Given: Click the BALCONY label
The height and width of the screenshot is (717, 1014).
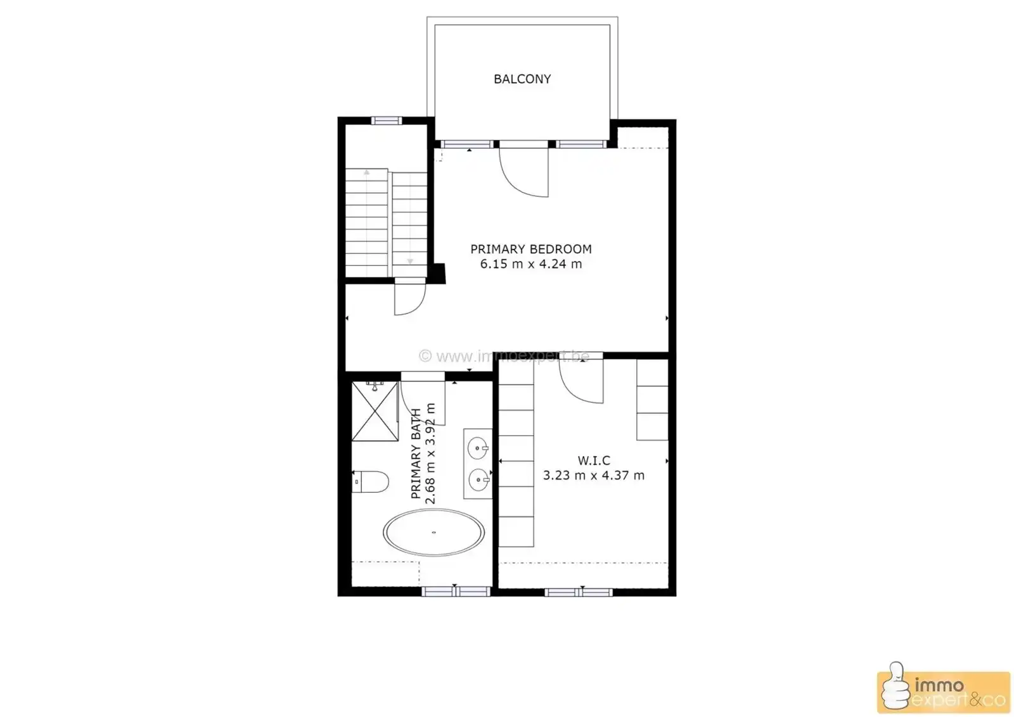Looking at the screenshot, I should pos(522,79).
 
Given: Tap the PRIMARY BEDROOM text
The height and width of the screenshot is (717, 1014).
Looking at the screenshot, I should pos(530,249).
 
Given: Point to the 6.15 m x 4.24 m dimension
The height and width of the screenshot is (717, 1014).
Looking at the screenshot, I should pos(530,264).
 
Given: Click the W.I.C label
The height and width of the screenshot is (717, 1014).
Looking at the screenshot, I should pos(594,460).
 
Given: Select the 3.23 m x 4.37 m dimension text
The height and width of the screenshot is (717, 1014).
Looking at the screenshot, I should pos(594,475).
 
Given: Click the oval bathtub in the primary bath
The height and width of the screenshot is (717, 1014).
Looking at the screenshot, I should pos(434,532).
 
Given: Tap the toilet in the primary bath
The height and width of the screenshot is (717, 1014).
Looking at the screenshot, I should pos(370,482).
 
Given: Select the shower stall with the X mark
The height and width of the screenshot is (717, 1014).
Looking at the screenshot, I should pos(375,411).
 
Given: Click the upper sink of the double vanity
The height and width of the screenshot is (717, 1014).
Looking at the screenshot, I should pos(477,448).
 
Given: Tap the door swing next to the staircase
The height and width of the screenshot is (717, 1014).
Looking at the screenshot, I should pos(409,300).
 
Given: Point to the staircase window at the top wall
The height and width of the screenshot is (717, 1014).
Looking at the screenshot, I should pos(386,120).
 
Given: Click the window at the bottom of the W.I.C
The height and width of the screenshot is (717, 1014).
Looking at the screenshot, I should pos(579,593).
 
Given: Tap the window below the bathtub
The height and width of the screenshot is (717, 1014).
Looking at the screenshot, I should pos(456,592).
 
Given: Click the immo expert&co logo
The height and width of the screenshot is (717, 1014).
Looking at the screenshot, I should pos(943,692).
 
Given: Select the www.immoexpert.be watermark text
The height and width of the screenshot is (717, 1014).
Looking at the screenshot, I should pos(504,357).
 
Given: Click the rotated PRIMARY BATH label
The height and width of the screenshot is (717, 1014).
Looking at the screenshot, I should pos(416,454).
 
